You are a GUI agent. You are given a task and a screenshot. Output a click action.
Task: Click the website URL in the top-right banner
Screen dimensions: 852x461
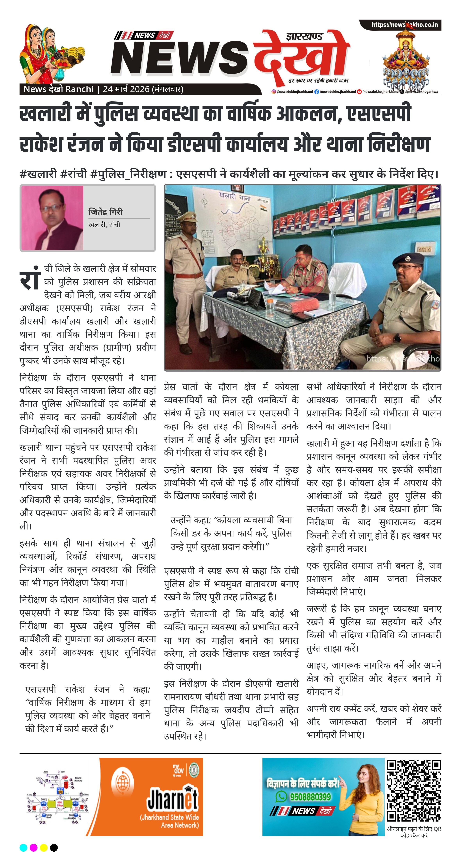pos(405,25)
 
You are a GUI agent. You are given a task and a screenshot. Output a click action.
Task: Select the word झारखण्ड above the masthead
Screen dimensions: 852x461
pos(304,36)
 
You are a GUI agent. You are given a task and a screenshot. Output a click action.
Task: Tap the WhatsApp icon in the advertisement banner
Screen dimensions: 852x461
pos(281,797)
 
